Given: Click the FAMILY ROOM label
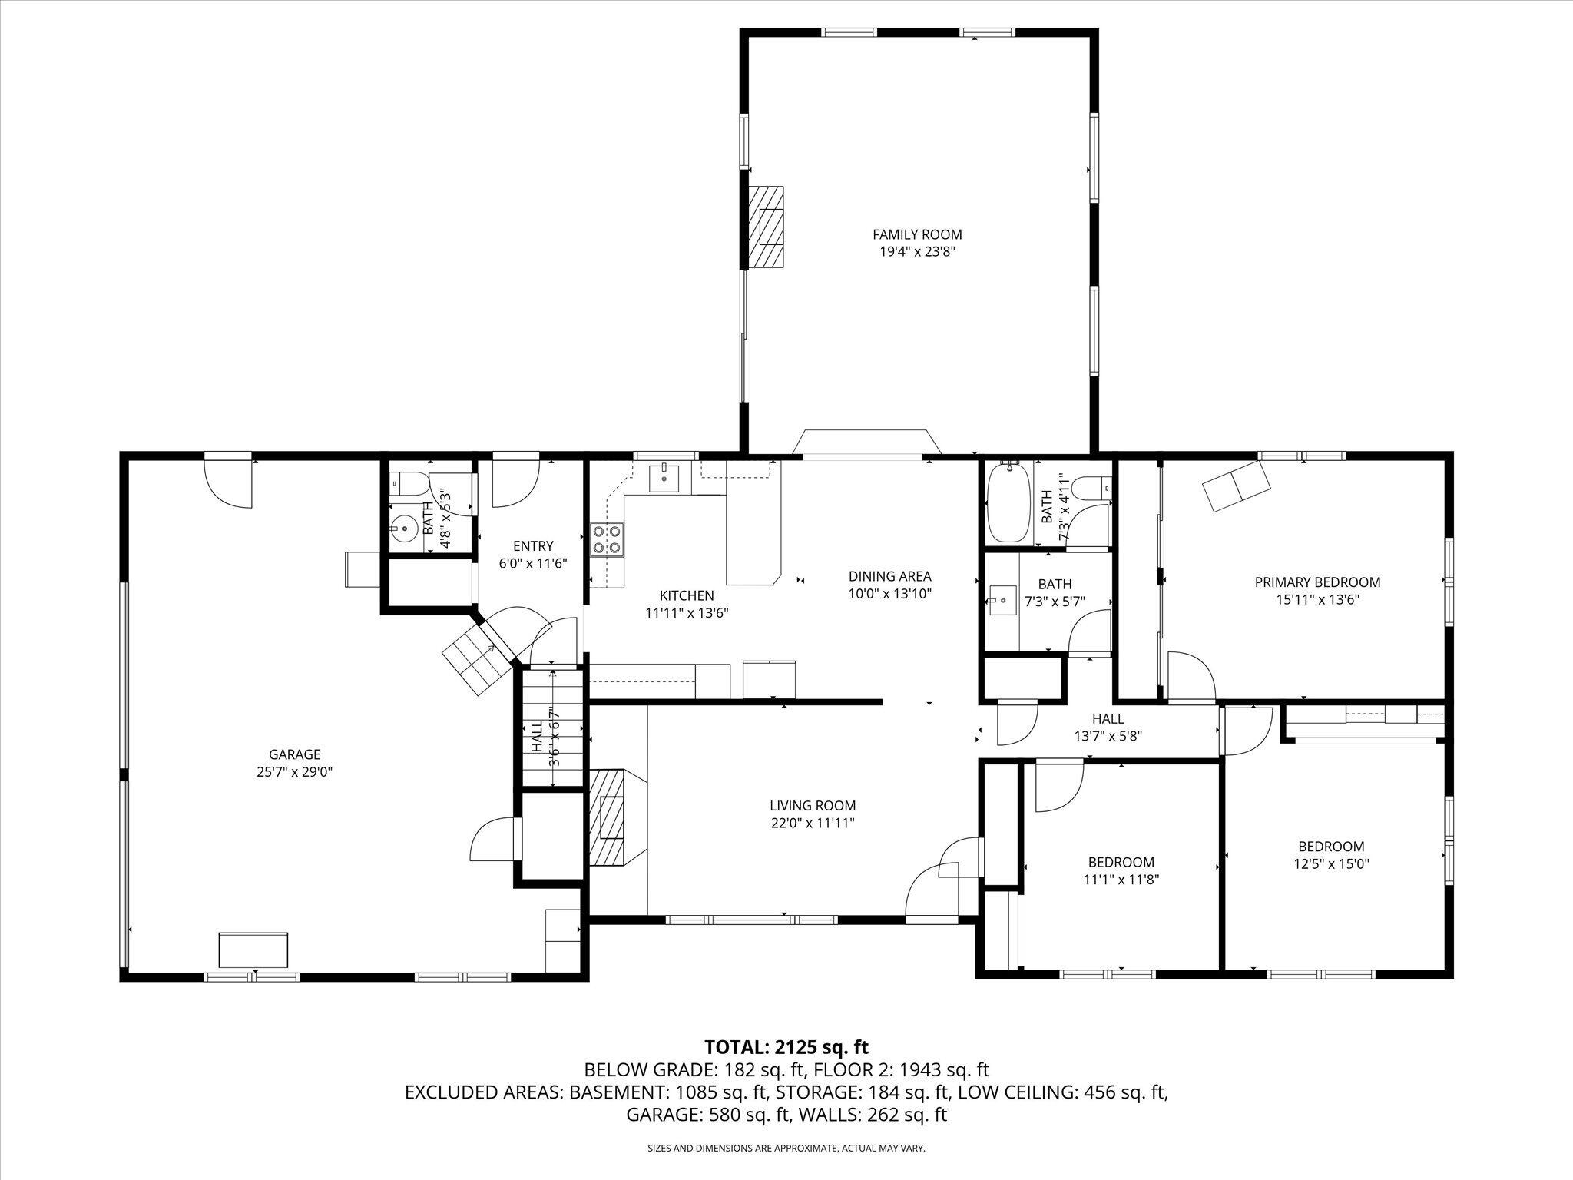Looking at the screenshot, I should tap(917, 234).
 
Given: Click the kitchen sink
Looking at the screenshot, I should tap(664, 478).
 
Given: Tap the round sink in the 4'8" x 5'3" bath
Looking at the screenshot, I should tap(402, 528).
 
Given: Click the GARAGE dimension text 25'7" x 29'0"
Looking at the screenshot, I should tap(294, 772).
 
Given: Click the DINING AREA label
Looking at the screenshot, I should tap(889, 576).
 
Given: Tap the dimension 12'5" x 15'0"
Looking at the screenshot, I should tap(1331, 863).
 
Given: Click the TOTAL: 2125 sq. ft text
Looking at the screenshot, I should tap(786, 1047).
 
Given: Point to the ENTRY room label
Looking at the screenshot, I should tap(533, 546).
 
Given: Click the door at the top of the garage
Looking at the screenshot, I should tap(228, 482).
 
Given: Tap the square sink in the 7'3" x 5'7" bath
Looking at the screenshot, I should tap(1002, 599).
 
